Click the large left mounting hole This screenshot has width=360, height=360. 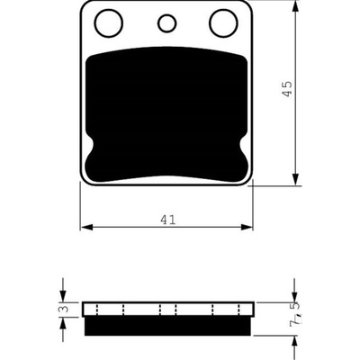pyautogui.click(x=109, y=23)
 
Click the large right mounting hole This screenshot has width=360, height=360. pyautogui.click(x=224, y=23)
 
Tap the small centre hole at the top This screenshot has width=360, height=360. pyautogui.click(x=166, y=23)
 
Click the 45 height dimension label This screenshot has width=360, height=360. pyautogui.click(x=287, y=88)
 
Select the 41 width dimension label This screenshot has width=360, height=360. pyautogui.click(x=167, y=220)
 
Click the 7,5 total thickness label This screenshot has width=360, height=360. pyautogui.click(x=294, y=312)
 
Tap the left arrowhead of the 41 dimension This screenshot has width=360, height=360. pyautogui.click(x=86, y=227)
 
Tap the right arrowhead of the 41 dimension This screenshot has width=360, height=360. pyautogui.click(x=247, y=227)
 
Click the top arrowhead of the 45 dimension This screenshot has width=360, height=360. pyautogui.click(x=296, y=6)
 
